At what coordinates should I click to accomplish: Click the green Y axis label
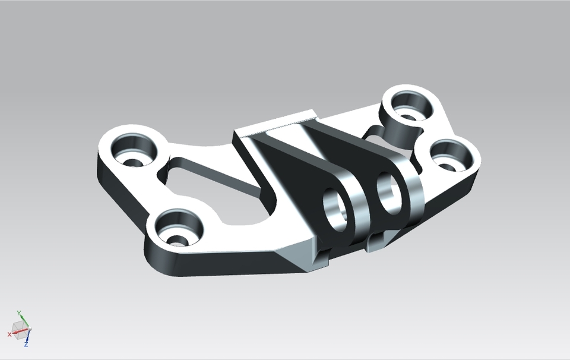click(19, 312)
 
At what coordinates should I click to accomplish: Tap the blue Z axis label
click(27, 344)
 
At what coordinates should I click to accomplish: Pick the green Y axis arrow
click(21, 320)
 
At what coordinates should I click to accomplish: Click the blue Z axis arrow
click(27, 336)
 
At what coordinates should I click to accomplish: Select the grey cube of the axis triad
click(18, 327)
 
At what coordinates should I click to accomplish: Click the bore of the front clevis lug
click(336, 209)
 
